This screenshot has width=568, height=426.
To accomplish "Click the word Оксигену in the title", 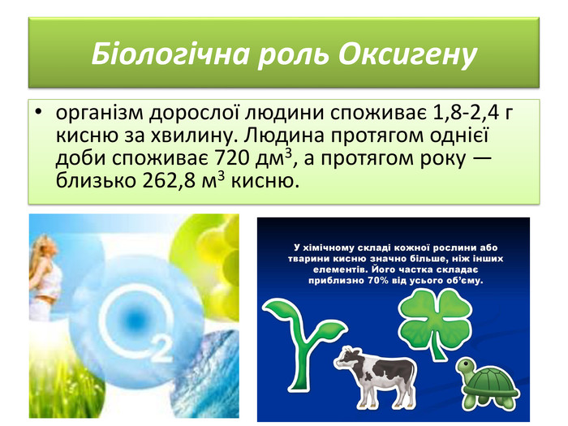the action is (407, 54).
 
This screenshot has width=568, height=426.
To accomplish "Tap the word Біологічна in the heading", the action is (170, 54).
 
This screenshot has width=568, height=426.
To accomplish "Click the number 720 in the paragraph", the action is (233, 157).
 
